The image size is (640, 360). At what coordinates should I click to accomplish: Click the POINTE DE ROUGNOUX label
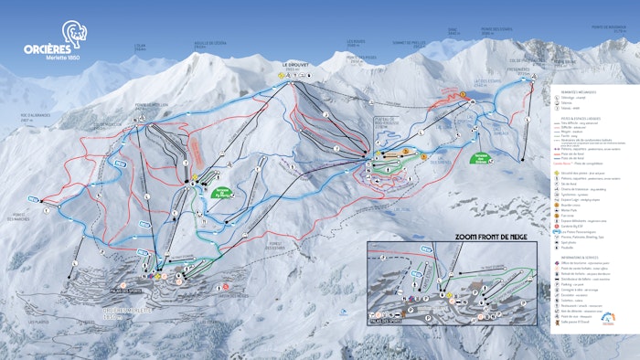(610, 26)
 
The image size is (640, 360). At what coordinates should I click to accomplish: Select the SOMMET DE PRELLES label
(411, 42)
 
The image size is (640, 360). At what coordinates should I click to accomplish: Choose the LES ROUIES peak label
(357, 42)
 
